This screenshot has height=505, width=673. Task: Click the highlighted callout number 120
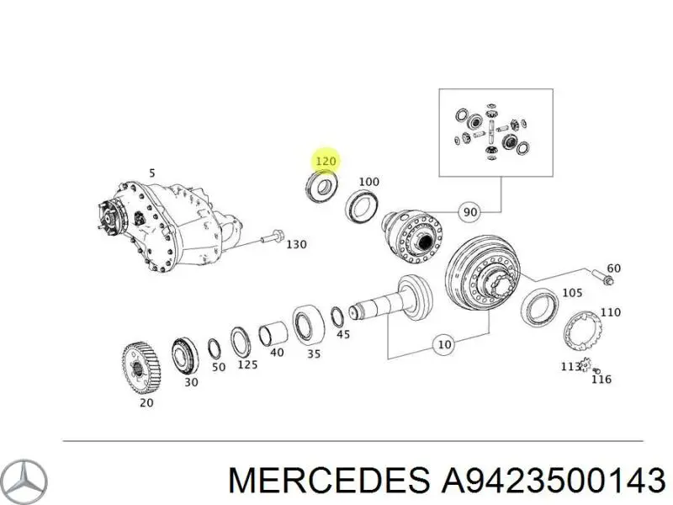tap(326, 162)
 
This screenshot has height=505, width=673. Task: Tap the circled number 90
tap(470, 212)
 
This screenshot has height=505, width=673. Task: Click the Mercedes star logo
tap(28, 480)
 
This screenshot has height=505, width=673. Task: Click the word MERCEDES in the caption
tap(329, 480)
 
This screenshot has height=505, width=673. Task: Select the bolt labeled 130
tap(271, 237)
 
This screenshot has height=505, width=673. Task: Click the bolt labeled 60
tap(602, 276)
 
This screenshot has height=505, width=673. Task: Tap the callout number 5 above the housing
tap(151, 173)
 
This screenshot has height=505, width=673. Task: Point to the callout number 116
tap(601, 380)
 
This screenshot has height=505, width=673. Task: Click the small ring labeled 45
tap(337, 317)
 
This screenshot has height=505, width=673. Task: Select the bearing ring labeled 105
tap(539, 307)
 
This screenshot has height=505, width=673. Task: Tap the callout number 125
tap(247, 364)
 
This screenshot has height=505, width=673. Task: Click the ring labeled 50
tap(214, 348)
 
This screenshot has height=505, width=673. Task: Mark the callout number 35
tap(313, 353)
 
